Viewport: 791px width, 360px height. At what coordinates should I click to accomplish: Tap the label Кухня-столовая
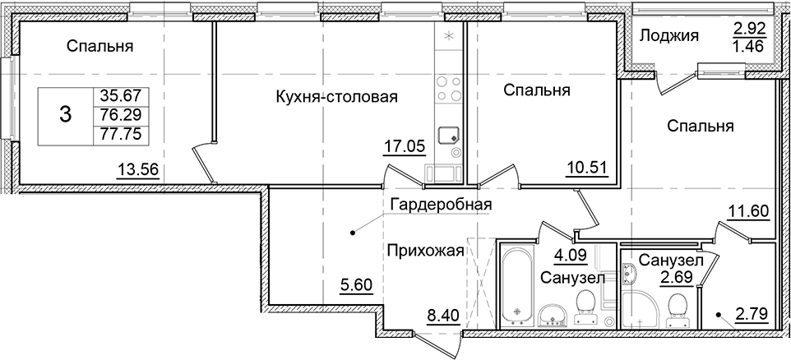click(336, 98)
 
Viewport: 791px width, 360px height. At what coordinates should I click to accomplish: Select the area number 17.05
click(403, 147)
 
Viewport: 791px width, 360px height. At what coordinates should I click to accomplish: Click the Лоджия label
click(668, 35)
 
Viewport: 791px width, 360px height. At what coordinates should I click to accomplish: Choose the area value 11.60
click(747, 211)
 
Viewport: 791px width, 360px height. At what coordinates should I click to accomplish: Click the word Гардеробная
click(442, 205)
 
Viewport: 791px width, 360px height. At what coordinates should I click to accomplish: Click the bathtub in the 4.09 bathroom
click(516, 283)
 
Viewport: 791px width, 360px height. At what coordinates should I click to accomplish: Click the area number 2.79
click(752, 312)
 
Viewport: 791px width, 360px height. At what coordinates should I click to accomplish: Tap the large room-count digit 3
click(66, 116)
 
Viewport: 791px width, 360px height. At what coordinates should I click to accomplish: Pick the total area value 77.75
click(116, 132)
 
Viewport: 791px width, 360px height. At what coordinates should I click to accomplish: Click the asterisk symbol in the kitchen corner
click(449, 37)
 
